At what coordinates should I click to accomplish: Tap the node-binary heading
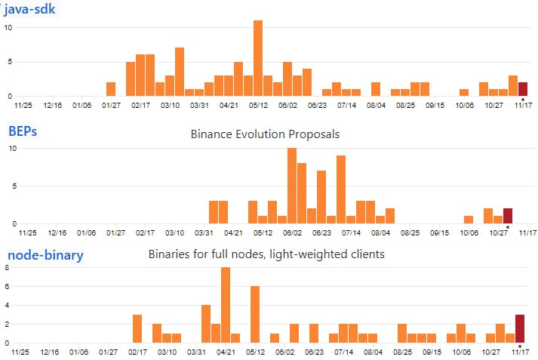[45, 255]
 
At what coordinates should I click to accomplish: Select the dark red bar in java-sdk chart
[523, 89]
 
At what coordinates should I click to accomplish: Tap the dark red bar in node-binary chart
[520, 328]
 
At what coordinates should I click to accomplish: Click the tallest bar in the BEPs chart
[292, 186]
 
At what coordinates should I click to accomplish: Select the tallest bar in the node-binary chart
[225, 305]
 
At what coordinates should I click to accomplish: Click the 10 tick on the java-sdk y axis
[8, 28]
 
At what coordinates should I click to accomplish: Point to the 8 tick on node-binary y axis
[6, 267]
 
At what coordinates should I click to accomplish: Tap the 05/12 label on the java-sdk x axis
[259, 106]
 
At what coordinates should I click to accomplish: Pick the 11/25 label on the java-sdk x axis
[23, 106]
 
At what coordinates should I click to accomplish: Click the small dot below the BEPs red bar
[508, 227]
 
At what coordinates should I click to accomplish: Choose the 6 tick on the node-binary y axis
[6, 286]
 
